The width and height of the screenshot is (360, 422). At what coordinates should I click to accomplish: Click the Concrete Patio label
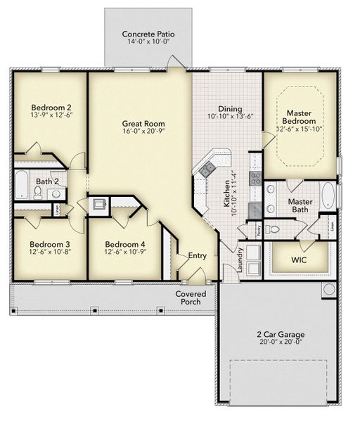(148, 34)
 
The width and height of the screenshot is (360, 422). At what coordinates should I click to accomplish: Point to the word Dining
(229, 109)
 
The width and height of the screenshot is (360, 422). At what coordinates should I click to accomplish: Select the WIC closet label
(299, 260)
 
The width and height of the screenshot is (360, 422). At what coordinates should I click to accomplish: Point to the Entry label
(196, 257)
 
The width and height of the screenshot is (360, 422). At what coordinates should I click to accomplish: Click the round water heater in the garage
(328, 289)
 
